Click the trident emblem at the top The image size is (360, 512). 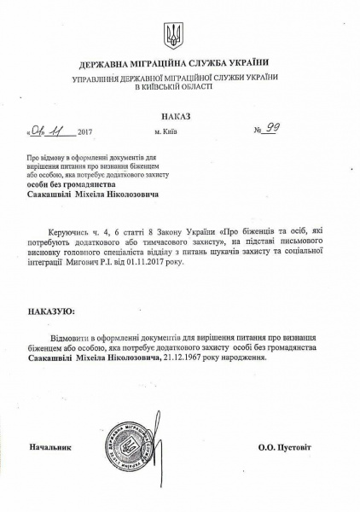(x=173, y=36)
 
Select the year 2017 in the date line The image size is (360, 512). (x=84, y=133)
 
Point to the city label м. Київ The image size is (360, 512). (x=167, y=132)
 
